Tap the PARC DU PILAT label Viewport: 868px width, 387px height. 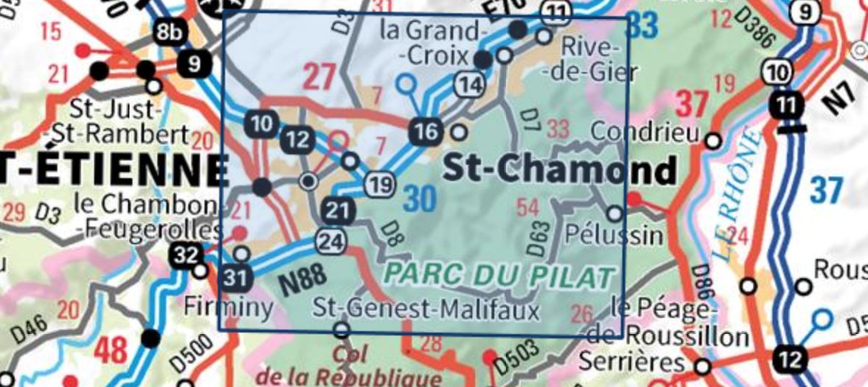pos(499,276)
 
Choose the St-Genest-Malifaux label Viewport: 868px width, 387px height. pos(426,308)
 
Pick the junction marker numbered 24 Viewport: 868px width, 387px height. pos(332,239)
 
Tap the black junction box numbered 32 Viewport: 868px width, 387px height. pos(187,255)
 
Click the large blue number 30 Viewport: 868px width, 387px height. pos(420,199)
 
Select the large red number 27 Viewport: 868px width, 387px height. pos(319,77)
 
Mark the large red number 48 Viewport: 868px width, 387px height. pos(111,350)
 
